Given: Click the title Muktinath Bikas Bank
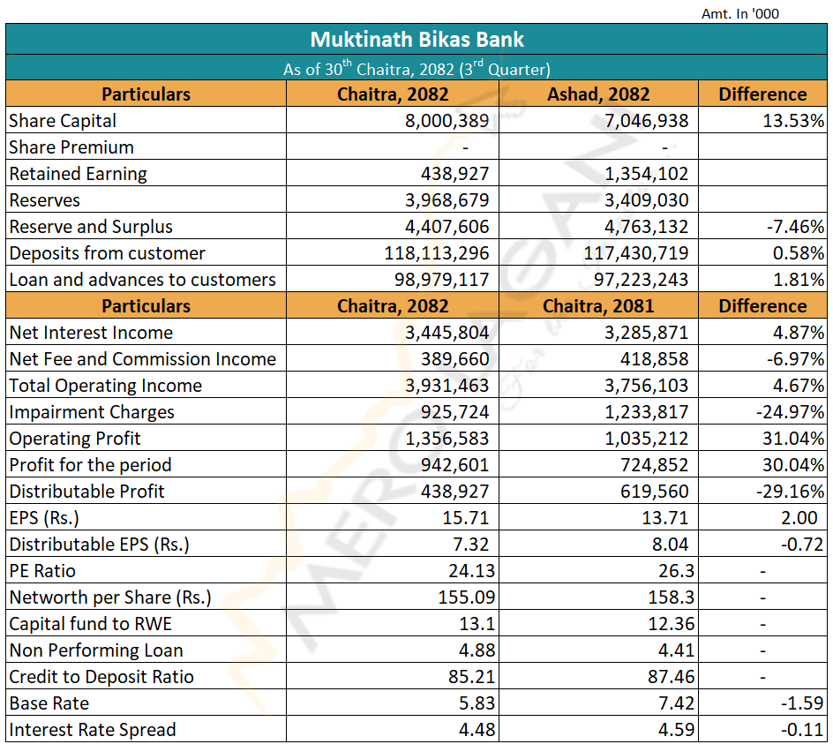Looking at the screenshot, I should (x=416, y=40).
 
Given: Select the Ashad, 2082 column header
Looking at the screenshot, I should (x=598, y=94).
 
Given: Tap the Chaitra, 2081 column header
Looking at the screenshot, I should (x=598, y=306).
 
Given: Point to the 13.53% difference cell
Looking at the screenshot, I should (x=793, y=121).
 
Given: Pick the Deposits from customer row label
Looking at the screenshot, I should (x=107, y=253).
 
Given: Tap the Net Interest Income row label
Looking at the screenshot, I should (x=91, y=333).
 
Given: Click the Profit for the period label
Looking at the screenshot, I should (x=90, y=465).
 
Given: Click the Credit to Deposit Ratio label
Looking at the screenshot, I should (x=101, y=677).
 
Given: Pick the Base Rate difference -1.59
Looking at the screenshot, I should (x=801, y=703).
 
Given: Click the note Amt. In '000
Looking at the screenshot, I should (x=740, y=13).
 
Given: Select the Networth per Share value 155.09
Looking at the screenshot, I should (x=463, y=597).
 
